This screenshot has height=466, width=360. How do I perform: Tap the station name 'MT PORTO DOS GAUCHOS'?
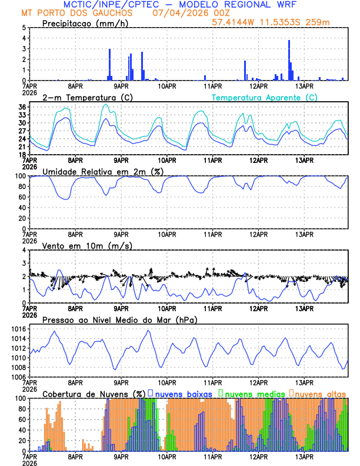(x=75, y=13)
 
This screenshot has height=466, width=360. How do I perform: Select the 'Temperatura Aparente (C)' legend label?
(x=265, y=97)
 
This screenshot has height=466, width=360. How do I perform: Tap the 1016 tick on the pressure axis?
(x=18, y=329)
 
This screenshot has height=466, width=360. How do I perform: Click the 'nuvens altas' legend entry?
(x=321, y=393)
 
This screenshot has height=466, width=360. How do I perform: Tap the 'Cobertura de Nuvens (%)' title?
(x=94, y=393)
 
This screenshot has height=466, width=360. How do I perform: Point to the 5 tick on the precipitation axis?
(x=24, y=28)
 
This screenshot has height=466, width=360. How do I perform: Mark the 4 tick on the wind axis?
(x=24, y=250)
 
